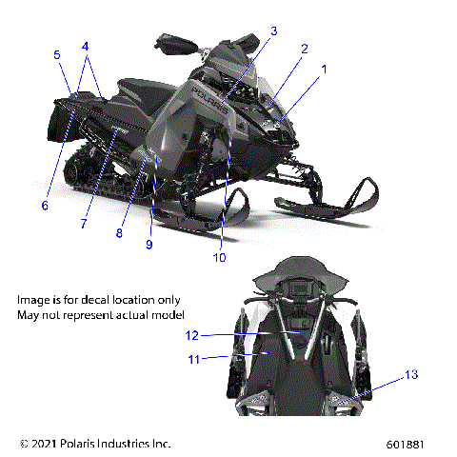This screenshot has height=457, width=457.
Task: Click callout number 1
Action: click(324, 70)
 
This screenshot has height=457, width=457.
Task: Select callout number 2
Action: click(305, 49)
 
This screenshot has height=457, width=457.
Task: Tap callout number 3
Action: click(273, 31)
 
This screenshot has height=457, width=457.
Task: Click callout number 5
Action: click(56, 55)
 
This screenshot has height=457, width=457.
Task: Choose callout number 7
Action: click(84, 224)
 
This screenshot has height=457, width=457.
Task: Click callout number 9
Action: click(149, 245)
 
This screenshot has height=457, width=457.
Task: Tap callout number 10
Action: click(220, 257)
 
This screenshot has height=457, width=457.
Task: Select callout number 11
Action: click(193, 359)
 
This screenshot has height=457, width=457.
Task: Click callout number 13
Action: click(411, 375)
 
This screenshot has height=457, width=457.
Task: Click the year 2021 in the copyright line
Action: click(46, 444)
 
